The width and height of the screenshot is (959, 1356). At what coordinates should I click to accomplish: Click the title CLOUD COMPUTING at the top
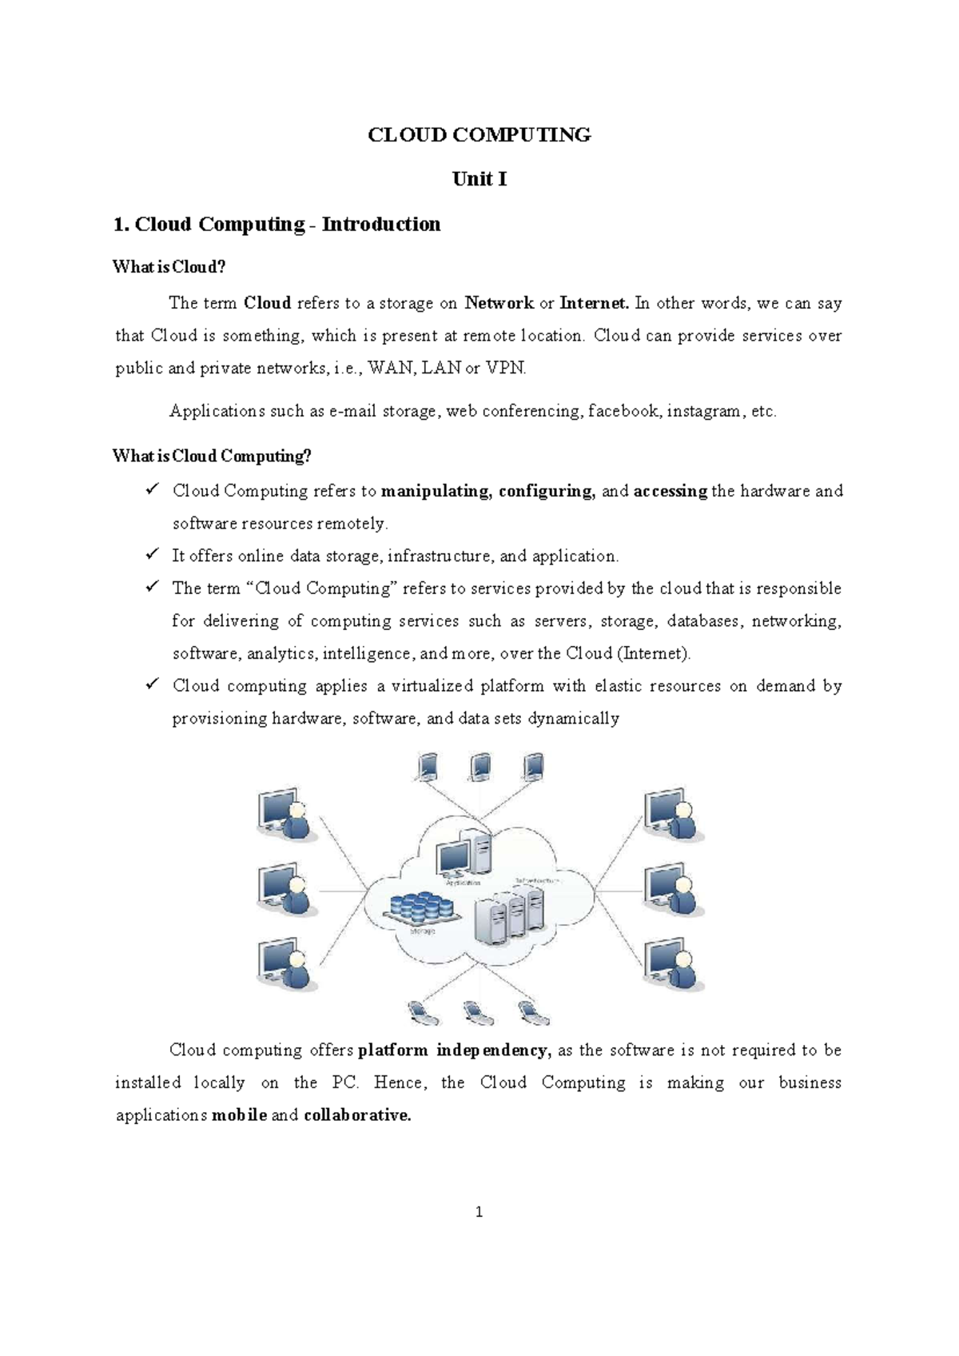pos(479,135)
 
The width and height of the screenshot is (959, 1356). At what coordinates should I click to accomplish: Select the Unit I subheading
pos(479,179)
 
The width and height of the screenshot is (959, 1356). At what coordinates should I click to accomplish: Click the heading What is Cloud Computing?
pos(212,457)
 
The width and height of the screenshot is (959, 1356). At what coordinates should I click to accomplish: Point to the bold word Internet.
pos(594,303)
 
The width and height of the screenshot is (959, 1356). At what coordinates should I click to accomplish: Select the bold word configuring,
pos(547,491)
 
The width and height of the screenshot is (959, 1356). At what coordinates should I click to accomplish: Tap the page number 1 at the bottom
pos(479,1212)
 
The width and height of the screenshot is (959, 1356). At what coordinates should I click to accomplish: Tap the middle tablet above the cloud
pos(480,768)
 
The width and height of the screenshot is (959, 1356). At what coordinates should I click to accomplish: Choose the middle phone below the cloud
pos(476,1014)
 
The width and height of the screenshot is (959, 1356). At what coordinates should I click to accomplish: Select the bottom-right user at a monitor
pos(674,966)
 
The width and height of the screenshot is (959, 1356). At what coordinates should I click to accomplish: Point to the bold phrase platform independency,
pos(456,1051)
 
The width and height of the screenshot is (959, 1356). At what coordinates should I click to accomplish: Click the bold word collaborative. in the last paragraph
pos(357,1115)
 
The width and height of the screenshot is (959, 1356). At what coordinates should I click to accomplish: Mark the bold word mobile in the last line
pos(239,1115)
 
